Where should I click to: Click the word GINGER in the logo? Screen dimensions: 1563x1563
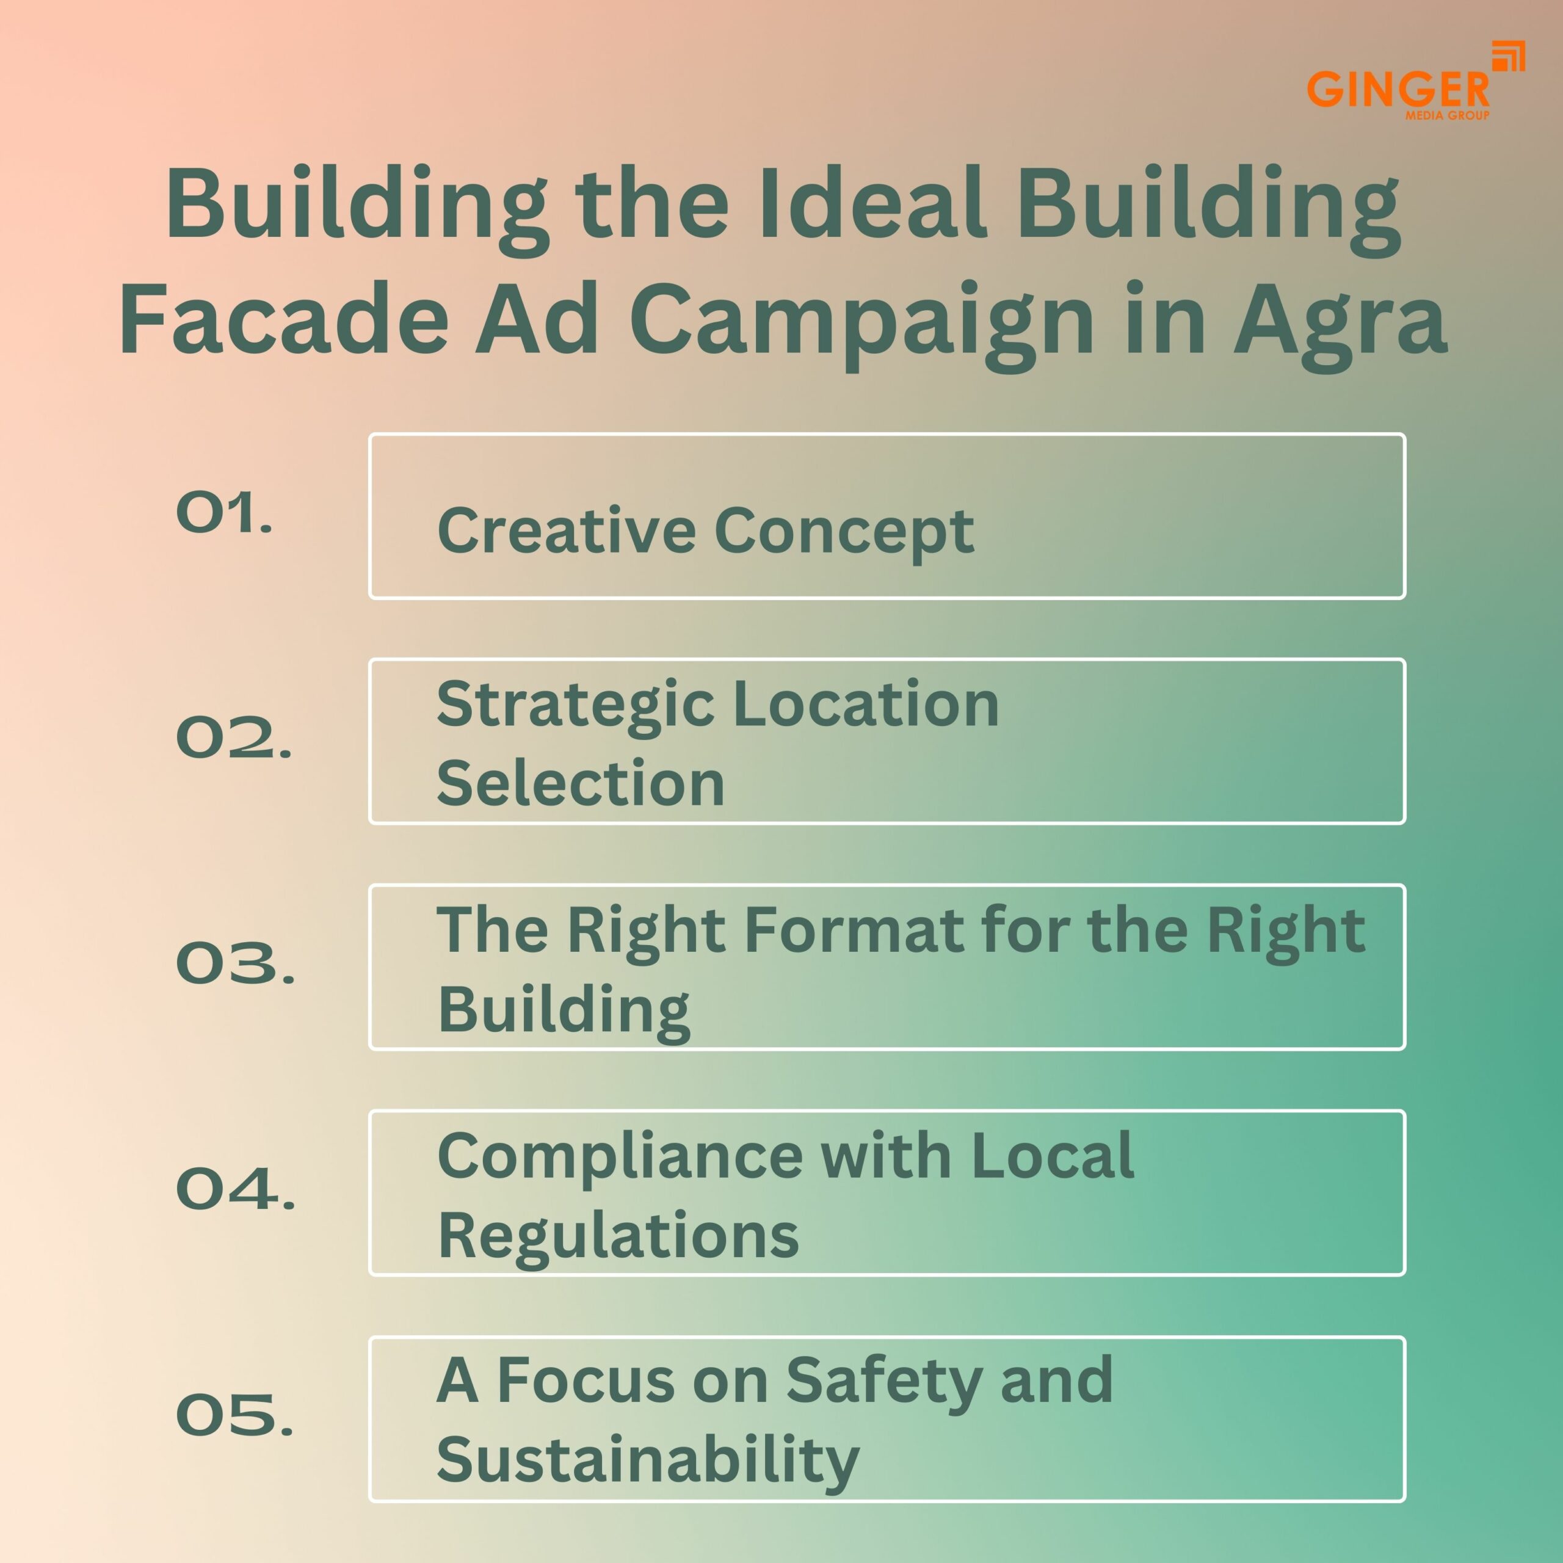pyautogui.click(x=1397, y=90)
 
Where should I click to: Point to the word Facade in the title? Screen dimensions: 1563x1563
pyautogui.click(x=283, y=319)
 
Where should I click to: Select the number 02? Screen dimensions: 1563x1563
pyautogui.click(x=233, y=738)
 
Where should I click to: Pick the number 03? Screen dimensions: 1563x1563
pyautogui.click(x=234, y=963)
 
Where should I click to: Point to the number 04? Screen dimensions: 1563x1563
pyautogui.click(x=234, y=1189)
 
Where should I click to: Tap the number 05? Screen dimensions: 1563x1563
pyautogui.click(x=234, y=1415)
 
